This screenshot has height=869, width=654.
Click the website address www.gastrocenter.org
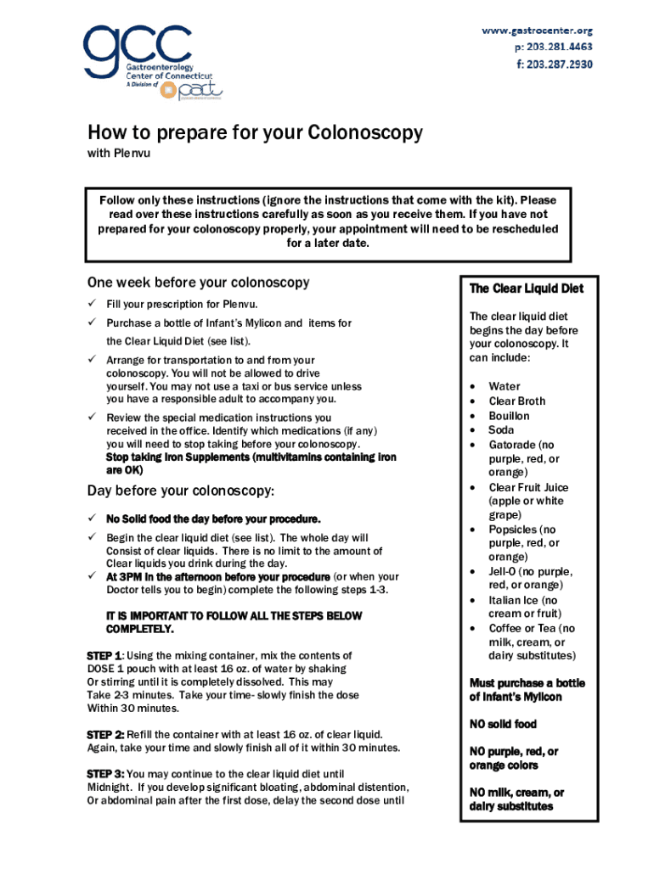[x=537, y=31]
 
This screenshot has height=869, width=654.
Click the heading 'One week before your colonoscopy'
[x=198, y=283]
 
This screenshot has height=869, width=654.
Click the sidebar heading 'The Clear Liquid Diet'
[x=526, y=289]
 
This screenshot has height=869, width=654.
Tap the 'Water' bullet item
[x=505, y=386]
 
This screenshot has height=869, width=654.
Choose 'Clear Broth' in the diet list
[x=516, y=401]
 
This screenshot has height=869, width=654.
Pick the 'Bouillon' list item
[x=509, y=416]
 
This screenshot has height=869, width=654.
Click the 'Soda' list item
[x=501, y=430]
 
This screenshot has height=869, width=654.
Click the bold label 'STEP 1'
[x=104, y=656]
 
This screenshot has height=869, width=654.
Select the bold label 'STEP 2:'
[x=106, y=733]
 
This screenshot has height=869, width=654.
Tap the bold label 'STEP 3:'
[x=106, y=774]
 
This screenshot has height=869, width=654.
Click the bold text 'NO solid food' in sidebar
[x=503, y=724]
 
